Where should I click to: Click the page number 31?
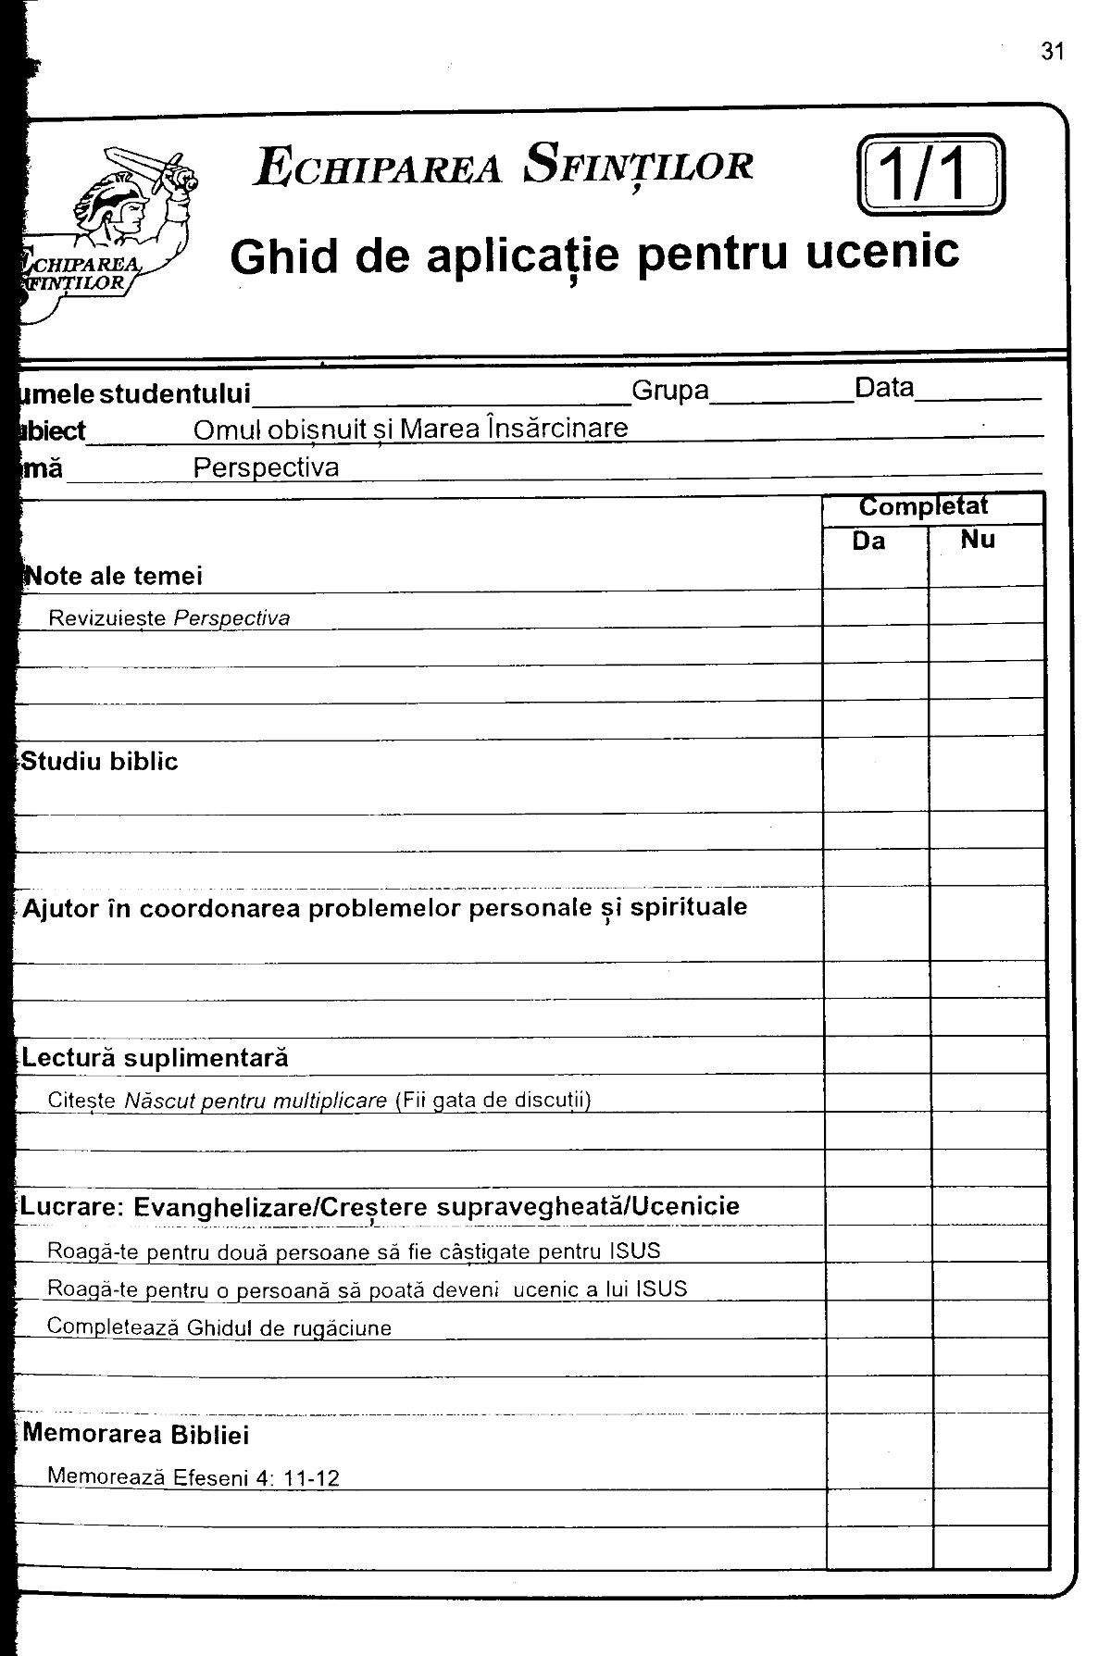(x=1053, y=52)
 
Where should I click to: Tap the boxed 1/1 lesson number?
(x=930, y=175)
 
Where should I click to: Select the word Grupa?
(x=669, y=391)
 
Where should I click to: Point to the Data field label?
(x=884, y=388)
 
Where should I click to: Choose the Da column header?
(x=868, y=542)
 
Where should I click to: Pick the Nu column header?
(x=978, y=540)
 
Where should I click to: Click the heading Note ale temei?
(x=113, y=576)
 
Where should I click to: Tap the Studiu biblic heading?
(x=99, y=762)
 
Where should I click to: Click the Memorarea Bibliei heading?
(x=135, y=1435)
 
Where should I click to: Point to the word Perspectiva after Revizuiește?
(x=231, y=618)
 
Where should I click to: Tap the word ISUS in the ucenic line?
(x=661, y=1289)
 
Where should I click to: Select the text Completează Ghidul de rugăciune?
(x=218, y=1327)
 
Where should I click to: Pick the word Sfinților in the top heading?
(x=637, y=167)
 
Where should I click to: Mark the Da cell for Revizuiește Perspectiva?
(x=875, y=607)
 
